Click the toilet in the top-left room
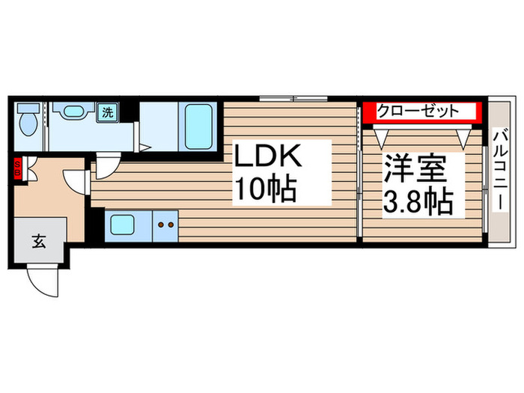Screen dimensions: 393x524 pos(28,119)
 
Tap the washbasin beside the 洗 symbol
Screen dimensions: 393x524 pos(73,113)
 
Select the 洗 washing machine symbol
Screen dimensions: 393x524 pos(108,113)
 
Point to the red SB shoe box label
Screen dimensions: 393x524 pos(16,170)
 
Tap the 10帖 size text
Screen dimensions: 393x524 pos(266,189)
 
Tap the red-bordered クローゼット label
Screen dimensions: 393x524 pos(420,112)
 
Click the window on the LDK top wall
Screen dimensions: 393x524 pos(293,98)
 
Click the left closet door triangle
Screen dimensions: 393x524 pos(383,137)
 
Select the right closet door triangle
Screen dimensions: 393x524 pos(463,137)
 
